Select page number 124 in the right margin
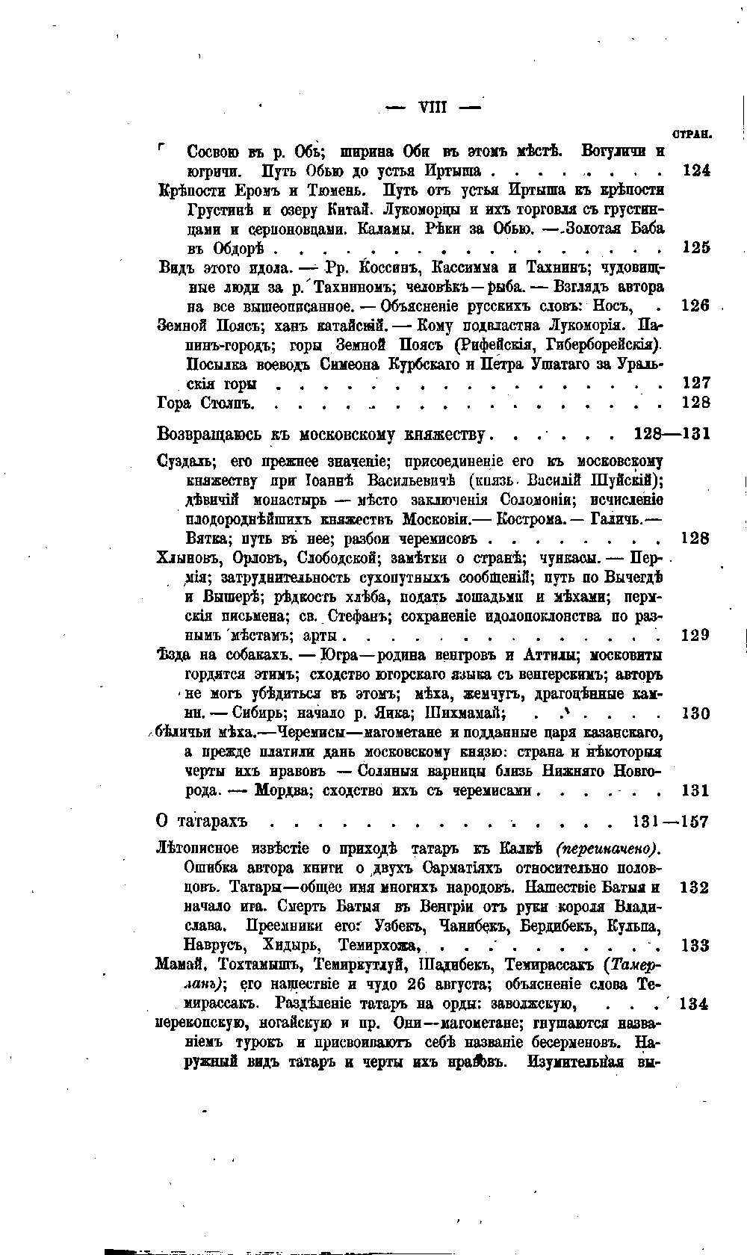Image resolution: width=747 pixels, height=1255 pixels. click(696, 170)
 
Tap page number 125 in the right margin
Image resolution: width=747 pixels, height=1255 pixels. click(696, 247)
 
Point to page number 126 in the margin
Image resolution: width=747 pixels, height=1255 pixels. click(696, 306)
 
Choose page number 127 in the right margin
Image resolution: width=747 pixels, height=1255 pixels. click(696, 383)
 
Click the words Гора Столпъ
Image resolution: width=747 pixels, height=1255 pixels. click(206, 403)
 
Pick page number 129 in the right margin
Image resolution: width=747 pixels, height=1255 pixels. click(696, 635)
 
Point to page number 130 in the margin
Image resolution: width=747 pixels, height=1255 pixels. click(696, 713)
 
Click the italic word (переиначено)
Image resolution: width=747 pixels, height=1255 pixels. click(609, 849)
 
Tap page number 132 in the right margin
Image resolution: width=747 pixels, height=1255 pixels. click(695, 888)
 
